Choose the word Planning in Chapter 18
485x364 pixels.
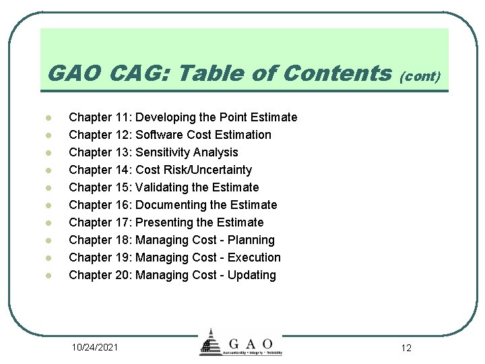click(x=251, y=240)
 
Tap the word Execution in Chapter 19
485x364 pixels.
click(x=254, y=257)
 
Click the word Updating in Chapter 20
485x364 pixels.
click(x=252, y=275)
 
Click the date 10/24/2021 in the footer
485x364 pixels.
click(x=95, y=347)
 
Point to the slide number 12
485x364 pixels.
click(x=406, y=348)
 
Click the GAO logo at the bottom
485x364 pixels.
click(x=241, y=343)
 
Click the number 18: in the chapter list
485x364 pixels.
click(x=122, y=240)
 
